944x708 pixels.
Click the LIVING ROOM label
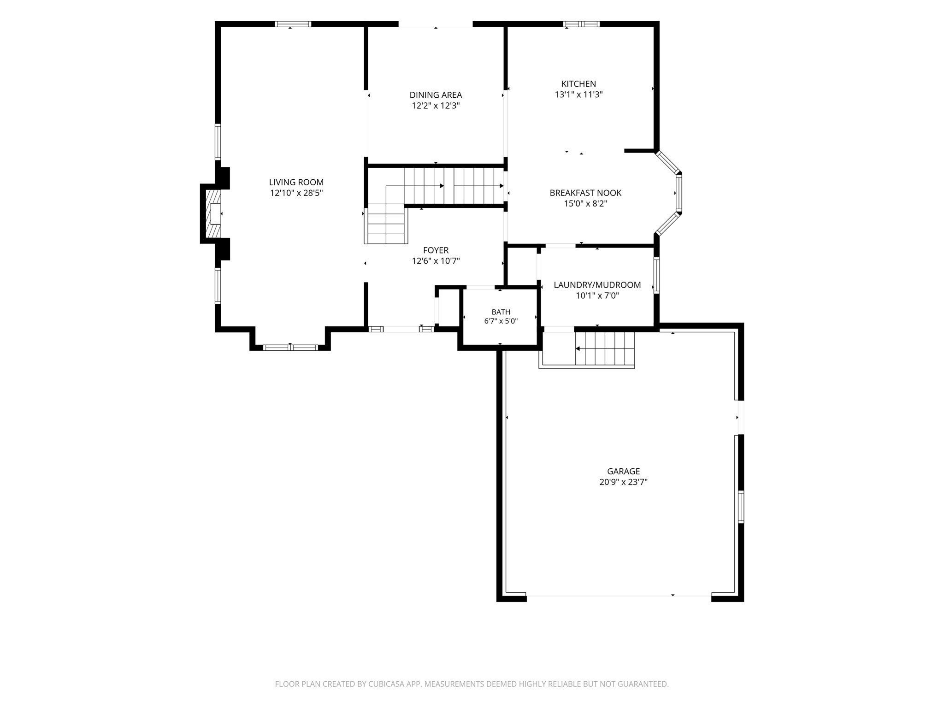(x=296, y=182)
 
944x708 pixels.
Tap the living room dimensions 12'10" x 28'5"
(x=296, y=193)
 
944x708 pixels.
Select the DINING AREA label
(x=436, y=95)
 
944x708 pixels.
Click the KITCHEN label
(x=578, y=84)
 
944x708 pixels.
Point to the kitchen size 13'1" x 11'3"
(x=578, y=95)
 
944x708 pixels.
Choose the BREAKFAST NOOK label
(x=585, y=193)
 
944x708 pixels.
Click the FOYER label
(x=436, y=250)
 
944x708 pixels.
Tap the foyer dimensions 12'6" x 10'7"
(x=436, y=261)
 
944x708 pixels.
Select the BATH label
(x=501, y=312)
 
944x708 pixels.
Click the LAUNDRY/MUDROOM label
(x=597, y=285)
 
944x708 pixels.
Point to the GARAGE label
(x=623, y=471)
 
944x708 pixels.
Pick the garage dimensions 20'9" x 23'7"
(x=623, y=482)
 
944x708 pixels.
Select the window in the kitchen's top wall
(x=581, y=24)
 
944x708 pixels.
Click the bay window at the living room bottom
(x=290, y=347)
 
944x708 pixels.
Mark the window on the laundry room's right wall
(x=656, y=275)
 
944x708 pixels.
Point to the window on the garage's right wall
(x=741, y=507)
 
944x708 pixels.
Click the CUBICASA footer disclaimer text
(x=472, y=684)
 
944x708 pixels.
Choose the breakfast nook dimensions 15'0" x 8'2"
(x=585, y=204)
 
